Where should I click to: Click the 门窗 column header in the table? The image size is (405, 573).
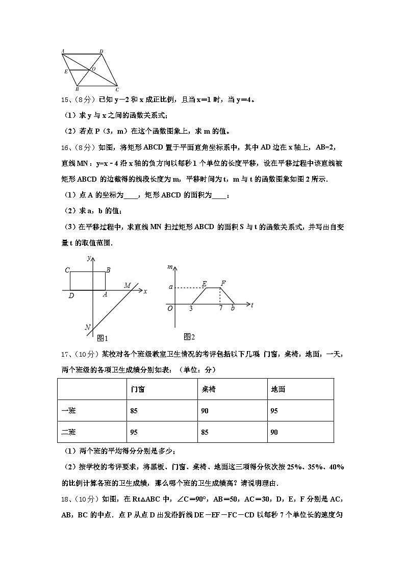tap(137, 389)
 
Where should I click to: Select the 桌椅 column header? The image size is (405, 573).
tap(208, 389)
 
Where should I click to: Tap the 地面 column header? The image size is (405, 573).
tap(278, 389)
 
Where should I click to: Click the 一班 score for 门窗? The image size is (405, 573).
tap(134, 411)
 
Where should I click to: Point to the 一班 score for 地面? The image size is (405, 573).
tap(274, 411)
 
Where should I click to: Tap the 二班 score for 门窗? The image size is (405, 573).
tap(134, 432)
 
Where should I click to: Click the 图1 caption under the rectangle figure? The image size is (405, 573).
tap(103, 338)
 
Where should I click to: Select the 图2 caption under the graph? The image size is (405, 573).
tap(189, 337)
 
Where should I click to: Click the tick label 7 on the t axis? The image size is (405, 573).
tap(220, 308)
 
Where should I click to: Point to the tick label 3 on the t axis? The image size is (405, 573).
tap(191, 308)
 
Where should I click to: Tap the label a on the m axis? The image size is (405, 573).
tap(171, 287)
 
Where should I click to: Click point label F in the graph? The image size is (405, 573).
tap(223, 283)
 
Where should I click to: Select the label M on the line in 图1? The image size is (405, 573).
tap(128, 285)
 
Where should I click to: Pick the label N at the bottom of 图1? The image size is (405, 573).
tap(88, 327)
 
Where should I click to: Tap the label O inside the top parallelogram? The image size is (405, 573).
tap(92, 68)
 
